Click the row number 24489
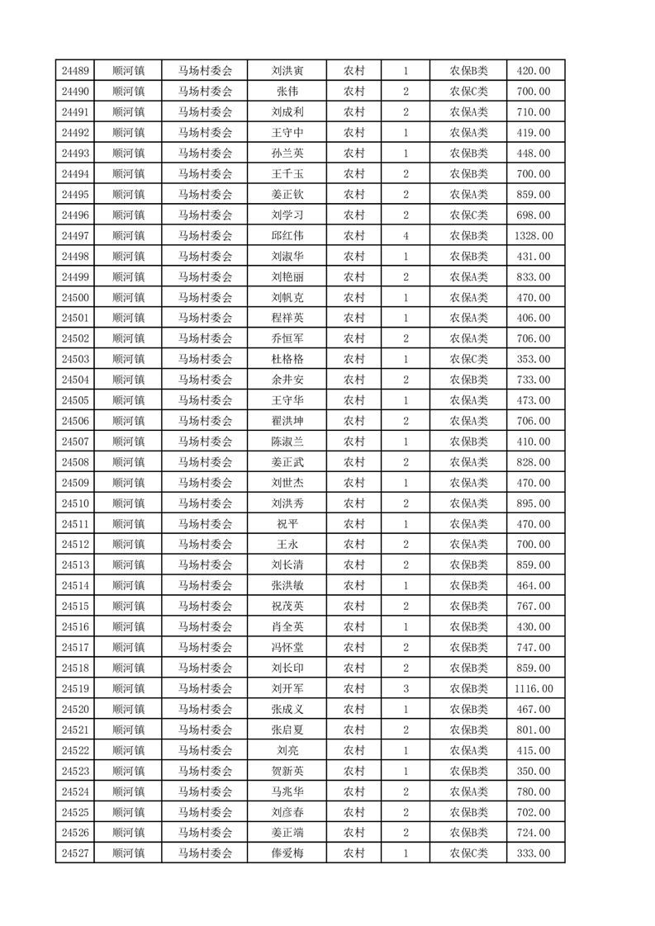coord(75,71)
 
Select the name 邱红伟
coord(287,236)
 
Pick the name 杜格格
coord(287,359)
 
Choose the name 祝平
coord(287,524)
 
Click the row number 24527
coord(75,853)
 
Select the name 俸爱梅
coord(287,853)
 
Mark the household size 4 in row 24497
coord(406,236)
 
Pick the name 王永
coord(287,545)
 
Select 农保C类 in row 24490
coord(468,92)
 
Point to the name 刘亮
coord(287,750)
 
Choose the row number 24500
coord(75,297)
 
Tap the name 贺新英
coord(287,771)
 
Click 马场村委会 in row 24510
coord(205,503)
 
